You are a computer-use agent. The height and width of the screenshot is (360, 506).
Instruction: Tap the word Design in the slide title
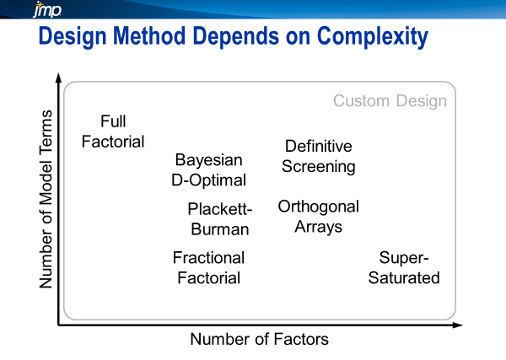(x=80, y=38)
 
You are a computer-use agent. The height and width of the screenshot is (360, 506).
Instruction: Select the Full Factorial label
(x=113, y=132)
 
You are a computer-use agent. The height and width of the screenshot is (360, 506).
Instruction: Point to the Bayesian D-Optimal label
(x=210, y=169)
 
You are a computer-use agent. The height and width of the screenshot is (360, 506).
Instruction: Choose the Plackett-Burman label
(x=219, y=219)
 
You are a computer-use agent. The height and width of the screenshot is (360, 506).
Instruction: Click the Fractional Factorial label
(x=208, y=267)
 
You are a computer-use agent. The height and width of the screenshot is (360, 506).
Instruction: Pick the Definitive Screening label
(x=318, y=156)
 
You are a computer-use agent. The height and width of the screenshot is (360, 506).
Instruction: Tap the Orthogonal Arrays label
(x=318, y=217)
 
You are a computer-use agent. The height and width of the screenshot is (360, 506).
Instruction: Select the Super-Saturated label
(x=404, y=267)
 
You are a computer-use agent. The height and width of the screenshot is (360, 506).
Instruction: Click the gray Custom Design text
(x=390, y=101)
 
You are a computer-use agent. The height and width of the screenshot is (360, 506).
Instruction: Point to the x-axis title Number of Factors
(x=259, y=340)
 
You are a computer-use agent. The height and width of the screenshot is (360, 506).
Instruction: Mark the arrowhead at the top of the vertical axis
(x=58, y=78)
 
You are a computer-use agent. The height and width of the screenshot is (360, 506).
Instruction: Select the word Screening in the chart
(x=318, y=166)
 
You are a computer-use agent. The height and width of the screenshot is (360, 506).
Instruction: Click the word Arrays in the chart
(x=318, y=227)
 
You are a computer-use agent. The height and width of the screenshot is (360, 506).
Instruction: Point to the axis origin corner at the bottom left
(x=58, y=324)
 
